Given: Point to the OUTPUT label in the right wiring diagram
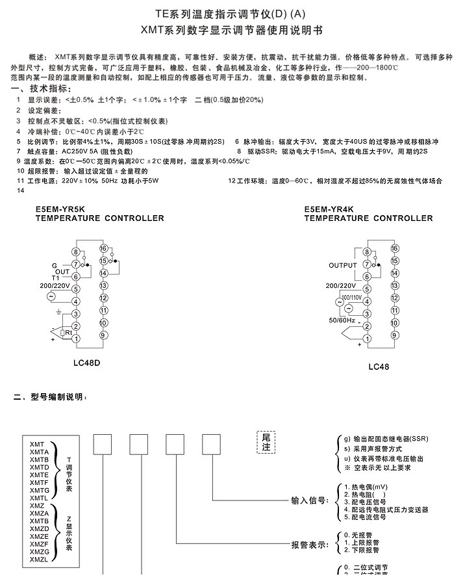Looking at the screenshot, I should (x=343, y=265).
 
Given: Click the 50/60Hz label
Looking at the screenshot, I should (x=342, y=320).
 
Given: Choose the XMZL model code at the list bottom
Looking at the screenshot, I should (x=38, y=559).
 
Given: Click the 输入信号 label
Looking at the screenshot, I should (x=309, y=501).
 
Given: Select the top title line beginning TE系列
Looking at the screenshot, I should (x=231, y=13).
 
